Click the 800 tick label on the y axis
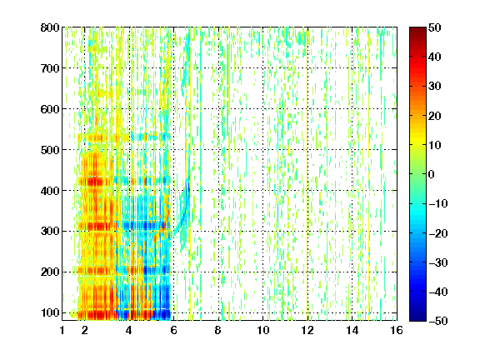point(50,27)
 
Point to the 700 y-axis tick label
point(50,68)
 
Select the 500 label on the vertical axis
point(50,150)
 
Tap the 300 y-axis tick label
point(50,232)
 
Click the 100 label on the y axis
point(50,312)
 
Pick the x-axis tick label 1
point(62,330)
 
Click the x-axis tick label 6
point(173,330)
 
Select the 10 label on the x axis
point(262,330)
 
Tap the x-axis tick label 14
point(352,330)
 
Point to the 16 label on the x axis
point(397,330)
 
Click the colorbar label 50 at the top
point(435,27)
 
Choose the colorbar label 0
point(432,174)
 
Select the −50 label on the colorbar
point(438,321)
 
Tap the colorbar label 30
point(435,87)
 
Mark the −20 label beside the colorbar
point(438,233)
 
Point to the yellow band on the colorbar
point(417,141)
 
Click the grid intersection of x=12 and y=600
point(307,109)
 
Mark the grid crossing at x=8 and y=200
point(218,272)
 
